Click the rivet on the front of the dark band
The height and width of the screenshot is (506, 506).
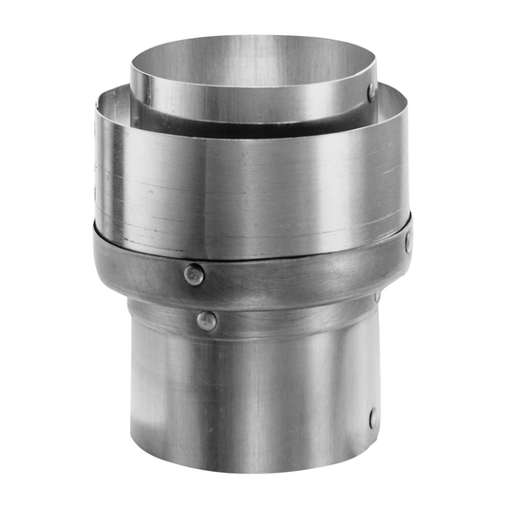(x=194, y=274)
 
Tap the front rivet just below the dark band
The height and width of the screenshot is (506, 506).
(x=205, y=321)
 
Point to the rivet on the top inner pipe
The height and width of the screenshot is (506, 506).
(x=371, y=92)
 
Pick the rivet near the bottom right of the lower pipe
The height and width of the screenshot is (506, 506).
(x=373, y=417)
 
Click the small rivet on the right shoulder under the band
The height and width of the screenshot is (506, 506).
(x=377, y=297)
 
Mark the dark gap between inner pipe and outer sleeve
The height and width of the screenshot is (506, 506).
(x=190, y=116)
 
